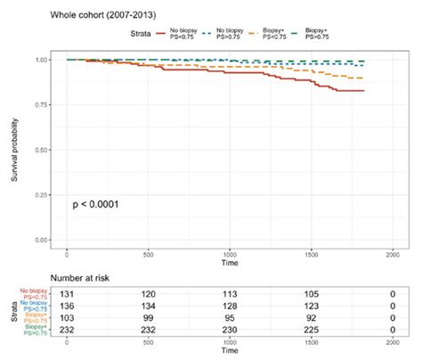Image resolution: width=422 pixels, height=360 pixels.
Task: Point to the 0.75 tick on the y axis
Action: point(42,105)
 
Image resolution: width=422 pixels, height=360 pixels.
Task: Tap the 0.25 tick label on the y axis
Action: point(42,195)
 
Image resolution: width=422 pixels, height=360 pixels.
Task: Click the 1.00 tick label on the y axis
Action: point(42,60)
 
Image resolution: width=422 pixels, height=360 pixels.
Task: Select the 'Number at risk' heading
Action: point(85,279)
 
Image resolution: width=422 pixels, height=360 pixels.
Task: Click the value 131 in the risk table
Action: point(69,291)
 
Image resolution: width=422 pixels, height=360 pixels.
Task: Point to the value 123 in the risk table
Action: point(312,304)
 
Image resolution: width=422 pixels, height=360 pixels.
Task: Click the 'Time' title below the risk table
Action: point(231,352)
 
